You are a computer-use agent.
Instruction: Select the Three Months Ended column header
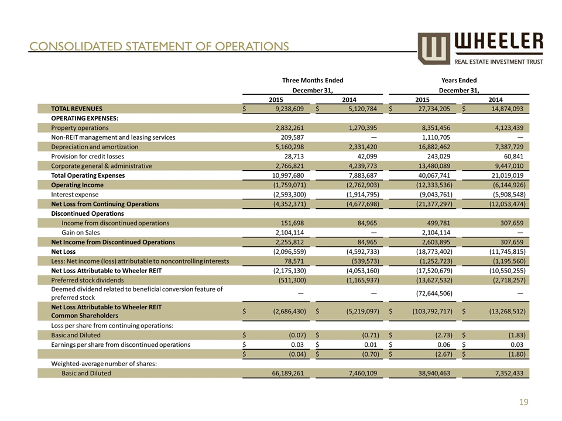pos(313,80)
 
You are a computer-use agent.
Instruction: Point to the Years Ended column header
pos(459,80)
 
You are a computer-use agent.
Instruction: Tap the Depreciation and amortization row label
pos(95,147)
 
